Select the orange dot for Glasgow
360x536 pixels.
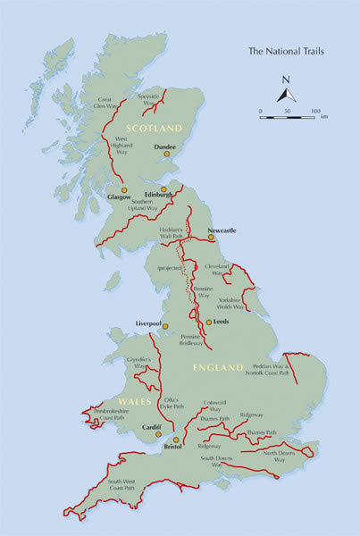[124, 190]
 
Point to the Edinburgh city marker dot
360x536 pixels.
[163, 188]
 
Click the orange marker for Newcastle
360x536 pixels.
[210, 238]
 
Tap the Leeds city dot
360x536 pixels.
[208, 322]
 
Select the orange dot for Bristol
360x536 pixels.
[176, 440]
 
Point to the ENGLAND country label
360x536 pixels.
[218, 367]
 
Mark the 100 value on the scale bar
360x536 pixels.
[315, 110]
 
